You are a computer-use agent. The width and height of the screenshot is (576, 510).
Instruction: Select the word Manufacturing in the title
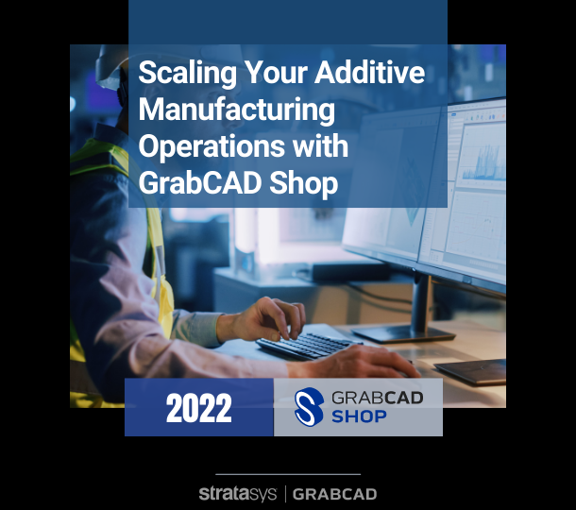(x=237, y=110)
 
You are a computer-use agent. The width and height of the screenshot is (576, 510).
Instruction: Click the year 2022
(x=198, y=409)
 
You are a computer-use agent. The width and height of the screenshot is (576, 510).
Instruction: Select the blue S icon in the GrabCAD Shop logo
(x=309, y=407)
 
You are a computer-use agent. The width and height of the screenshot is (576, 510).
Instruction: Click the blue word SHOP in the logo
(x=359, y=416)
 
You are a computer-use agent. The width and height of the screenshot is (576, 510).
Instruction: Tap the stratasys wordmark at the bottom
(x=240, y=493)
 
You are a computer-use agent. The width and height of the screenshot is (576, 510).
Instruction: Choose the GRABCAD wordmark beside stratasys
(x=335, y=493)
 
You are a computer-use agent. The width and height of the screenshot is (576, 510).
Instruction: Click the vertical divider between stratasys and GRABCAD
(x=284, y=493)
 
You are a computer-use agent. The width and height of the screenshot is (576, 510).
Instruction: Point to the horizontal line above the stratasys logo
(x=288, y=474)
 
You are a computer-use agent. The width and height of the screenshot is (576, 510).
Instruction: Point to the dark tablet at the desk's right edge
(x=472, y=371)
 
